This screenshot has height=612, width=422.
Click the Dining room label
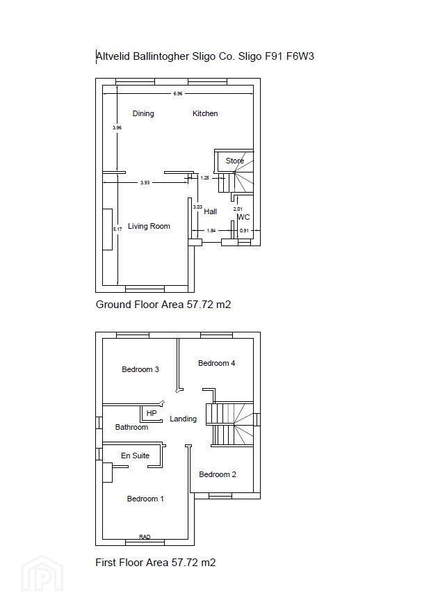pyautogui.click(x=143, y=113)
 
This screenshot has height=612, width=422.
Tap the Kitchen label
pyautogui.click(x=205, y=113)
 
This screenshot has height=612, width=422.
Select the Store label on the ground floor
pyautogui.click(x=235, y=161)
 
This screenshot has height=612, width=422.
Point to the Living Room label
pyautogui.click(x=149, y=227)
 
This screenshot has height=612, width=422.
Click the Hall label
pyautogui.click(x=210, y=211)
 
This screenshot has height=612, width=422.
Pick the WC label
pyautogui.click(x=244, y=217)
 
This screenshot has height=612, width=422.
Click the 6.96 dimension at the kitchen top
pyautogui.click(x=178, y=94)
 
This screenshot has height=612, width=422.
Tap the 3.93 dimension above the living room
pyautogui.click(x=145, y=183)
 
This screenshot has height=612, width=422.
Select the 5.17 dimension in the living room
pyautogui.click(x=117, y=229)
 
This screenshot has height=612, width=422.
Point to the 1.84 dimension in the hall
pyautogui.click(x=211, y=231)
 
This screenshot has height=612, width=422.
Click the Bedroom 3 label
pyautogui.click(x=140, y=369)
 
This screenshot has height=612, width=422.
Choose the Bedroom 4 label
pyautogui.click(x=216, y=363)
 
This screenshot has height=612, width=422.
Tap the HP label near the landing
pyautogui.click(x=152, y=413)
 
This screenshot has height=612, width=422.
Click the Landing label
pyautogui.click(x=184, y=419)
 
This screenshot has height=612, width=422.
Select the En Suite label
pyautogui.click(x=136, y=456)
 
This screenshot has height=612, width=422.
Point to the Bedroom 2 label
pyautogui.click(x=218, y=474)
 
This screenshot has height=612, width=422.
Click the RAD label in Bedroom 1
pyautogui.click(x=145, y=537)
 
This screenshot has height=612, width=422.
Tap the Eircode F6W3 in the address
pyautogui.click(x=300, y=56)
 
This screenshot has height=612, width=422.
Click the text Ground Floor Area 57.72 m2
pyautogui.click(x=163, y=305)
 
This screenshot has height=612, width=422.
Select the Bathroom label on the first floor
pyautogui.click(x=132, y=428)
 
